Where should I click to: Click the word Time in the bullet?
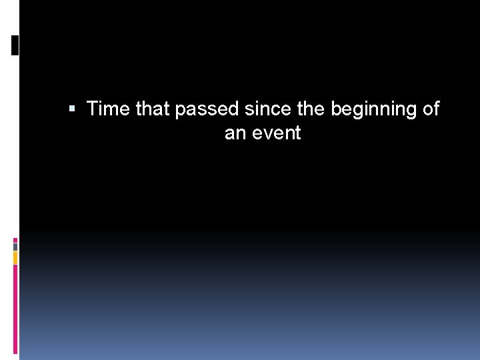[109, 109]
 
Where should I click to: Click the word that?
[153, 109]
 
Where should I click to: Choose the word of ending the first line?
[431, 109]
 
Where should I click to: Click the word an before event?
[235, 133]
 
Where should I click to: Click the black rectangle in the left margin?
[15, 45]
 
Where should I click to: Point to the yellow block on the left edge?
[15, 257]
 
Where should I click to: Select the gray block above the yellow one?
[15, 246]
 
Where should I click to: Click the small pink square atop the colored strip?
[15, 239]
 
